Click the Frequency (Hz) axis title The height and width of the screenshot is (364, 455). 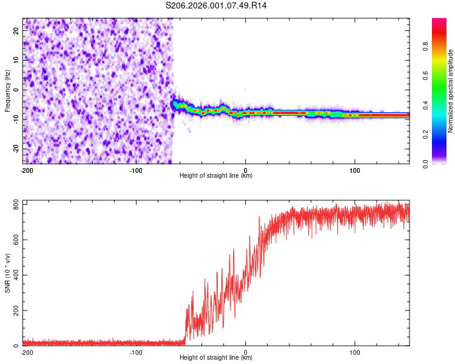pos(7,91)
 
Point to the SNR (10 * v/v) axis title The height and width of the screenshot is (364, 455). pos(7,273)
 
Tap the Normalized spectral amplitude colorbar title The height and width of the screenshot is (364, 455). pos(451,91)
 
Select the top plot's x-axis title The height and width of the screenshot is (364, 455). pos(216,175)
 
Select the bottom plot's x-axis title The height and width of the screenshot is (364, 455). pos(216,358)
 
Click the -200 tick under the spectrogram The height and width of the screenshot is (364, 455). pos(27,169)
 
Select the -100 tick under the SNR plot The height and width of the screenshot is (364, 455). pos(136,352)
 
